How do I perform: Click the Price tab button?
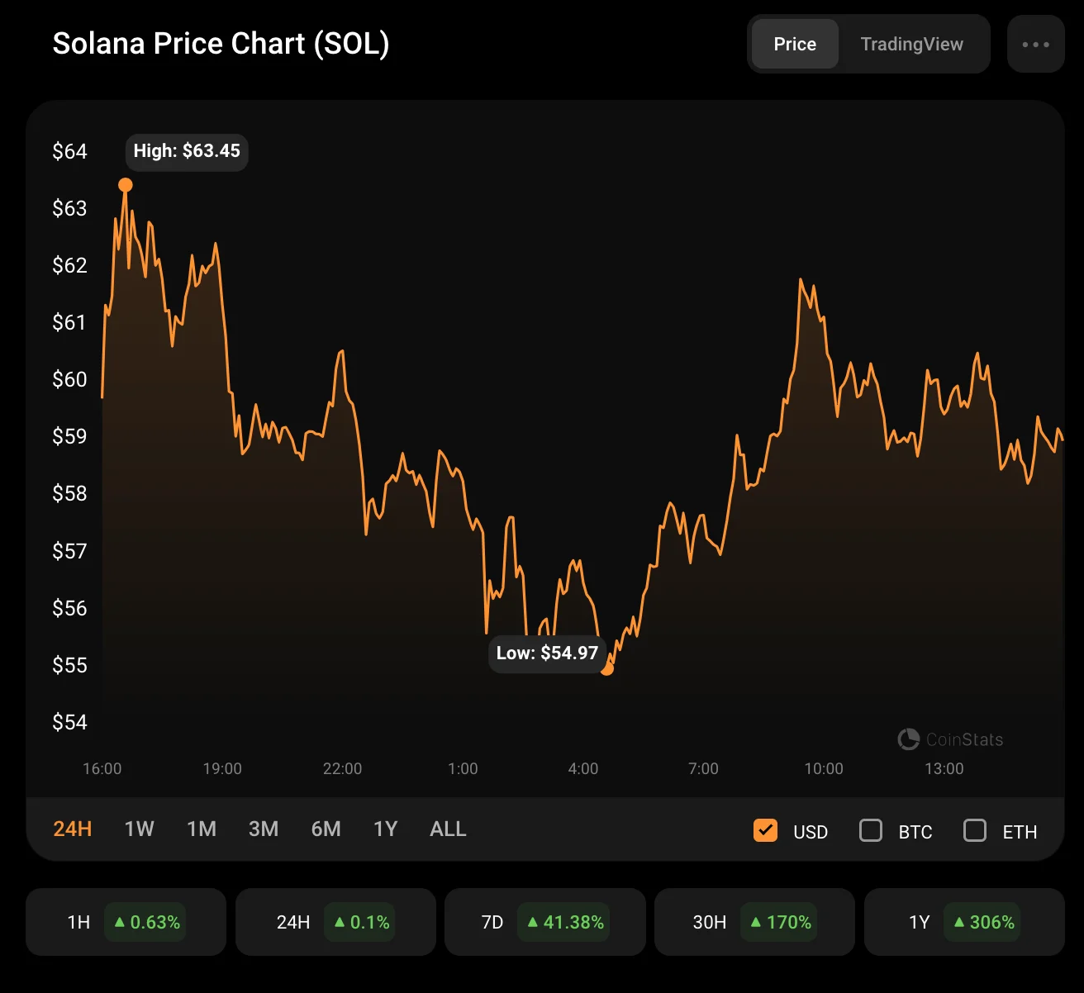pos(795,45)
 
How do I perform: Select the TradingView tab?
pos(911,45)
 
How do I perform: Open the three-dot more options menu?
pos(1035,45)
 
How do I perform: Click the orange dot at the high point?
pos(126,185)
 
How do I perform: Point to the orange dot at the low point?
pos(607,668)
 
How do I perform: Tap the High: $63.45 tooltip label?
pos(187,151)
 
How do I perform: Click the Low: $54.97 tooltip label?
pos(547,653)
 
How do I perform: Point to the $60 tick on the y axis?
pos(69,379)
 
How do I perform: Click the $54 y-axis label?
pos(69,722)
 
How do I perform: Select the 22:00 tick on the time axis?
pos(342,769)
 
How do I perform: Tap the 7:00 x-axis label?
pos(703,769)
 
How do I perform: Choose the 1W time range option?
pos(139,829)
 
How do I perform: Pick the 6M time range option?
pos(326,829)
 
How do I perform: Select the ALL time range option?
pos(448,829)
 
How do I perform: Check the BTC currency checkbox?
pos(871,830)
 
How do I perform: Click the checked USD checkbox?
pos(766,830)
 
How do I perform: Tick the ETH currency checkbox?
pos(975,830)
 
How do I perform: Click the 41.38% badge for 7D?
pos(566,922)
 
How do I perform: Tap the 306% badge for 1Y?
pos(983,922)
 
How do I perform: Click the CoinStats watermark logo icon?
pos(909,739)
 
